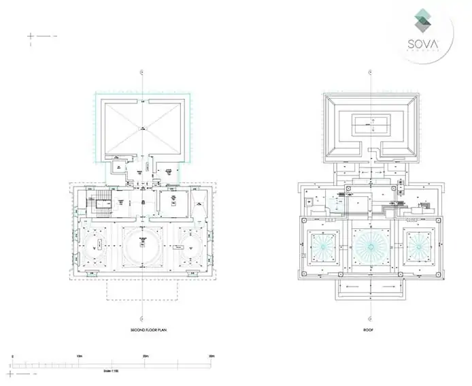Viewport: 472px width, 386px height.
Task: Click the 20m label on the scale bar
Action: point(145,356)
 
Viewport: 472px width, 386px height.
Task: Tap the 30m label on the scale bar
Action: point(212,356)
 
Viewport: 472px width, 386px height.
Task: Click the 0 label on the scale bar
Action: point(12,356)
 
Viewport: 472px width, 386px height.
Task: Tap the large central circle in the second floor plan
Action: point(142,245)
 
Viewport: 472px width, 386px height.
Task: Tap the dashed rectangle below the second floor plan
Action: point(141,291)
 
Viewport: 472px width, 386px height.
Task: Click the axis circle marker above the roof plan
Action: point(369,71)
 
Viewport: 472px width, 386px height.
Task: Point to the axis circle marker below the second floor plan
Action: point(141,317)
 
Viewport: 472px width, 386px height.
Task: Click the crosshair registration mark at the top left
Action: point(31,35)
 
